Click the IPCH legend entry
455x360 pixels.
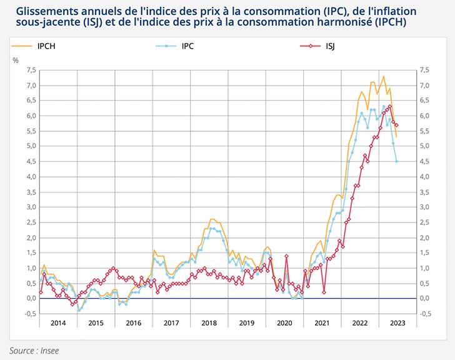[x=47, y=46]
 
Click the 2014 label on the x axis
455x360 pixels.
[x=57, y=323]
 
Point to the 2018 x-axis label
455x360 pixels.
[x=209, y=323]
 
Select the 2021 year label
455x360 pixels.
[x=322, y=323]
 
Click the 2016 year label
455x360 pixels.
[x=133, y=323]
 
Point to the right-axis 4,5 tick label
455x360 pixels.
[x=424, y=161]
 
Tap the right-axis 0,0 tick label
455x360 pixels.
[x=424, y=299]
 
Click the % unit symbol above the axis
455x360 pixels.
[x=16, y=60]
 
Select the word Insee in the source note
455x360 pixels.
[x=49, y=350]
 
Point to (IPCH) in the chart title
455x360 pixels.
[x=386, y=22]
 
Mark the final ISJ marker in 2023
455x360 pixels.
[x=397, y=126]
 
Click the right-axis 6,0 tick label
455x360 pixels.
[x=424, y=116]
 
